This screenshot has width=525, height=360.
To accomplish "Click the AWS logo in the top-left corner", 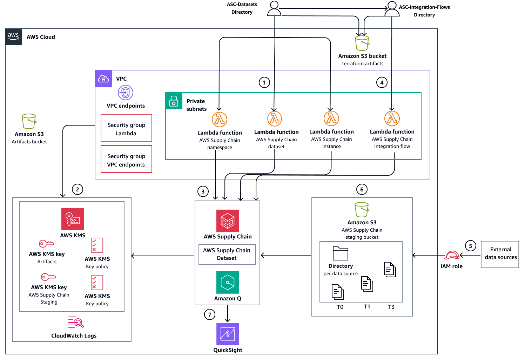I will coord(13,37).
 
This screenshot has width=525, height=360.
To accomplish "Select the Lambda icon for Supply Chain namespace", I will coord(220,120).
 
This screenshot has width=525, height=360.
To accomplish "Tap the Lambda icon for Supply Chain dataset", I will coord(275,119).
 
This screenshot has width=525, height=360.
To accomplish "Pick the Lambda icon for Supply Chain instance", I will coord(331,118).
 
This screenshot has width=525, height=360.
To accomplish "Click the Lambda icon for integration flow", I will coord(392,118).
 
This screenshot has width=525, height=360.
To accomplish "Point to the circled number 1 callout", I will coord(264,82).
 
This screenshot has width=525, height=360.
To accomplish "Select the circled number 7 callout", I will coord(210,314).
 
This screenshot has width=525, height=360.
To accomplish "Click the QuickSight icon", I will coord(228,334).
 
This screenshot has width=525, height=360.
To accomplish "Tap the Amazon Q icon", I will coord(228,282).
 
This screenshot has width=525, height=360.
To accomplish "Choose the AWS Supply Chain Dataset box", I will coord(227,254).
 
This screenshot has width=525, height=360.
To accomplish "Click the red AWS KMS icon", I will coord(73,219).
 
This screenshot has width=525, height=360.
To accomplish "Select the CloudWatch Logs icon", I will coord(76,322).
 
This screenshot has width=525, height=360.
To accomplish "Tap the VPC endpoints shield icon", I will coord(125,93).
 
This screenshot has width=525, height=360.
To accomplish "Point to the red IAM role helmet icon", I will coord(452,255).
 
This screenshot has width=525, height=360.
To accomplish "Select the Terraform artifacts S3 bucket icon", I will coord(362,43).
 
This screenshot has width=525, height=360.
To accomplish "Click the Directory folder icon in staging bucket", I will coord(340,253).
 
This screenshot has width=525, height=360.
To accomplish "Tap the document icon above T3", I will coord(390,270).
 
